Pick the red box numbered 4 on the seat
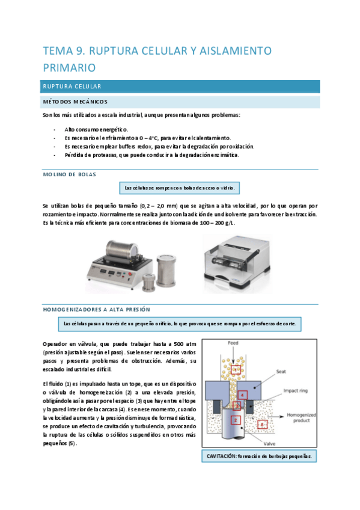[242, 395]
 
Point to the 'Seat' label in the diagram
[282, 372]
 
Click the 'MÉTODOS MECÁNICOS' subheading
[75, 101]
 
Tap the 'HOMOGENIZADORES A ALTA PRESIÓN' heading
[96, 309]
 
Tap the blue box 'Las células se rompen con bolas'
[180, 188]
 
